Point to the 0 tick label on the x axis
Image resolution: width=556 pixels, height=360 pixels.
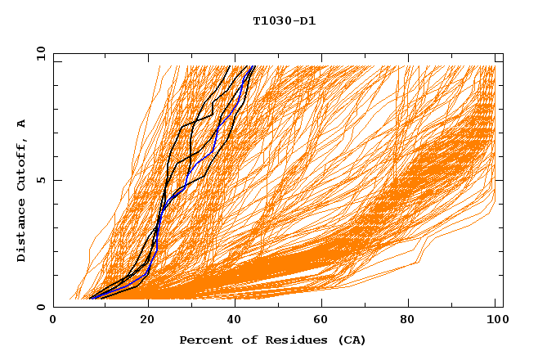point(53,321)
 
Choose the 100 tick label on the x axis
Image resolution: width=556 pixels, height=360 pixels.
point(494,321)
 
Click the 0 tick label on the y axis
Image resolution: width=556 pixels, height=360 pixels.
point(40,307)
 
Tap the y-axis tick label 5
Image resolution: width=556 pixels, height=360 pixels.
point(40,180)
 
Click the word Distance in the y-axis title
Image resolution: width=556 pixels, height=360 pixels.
point(21,231)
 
